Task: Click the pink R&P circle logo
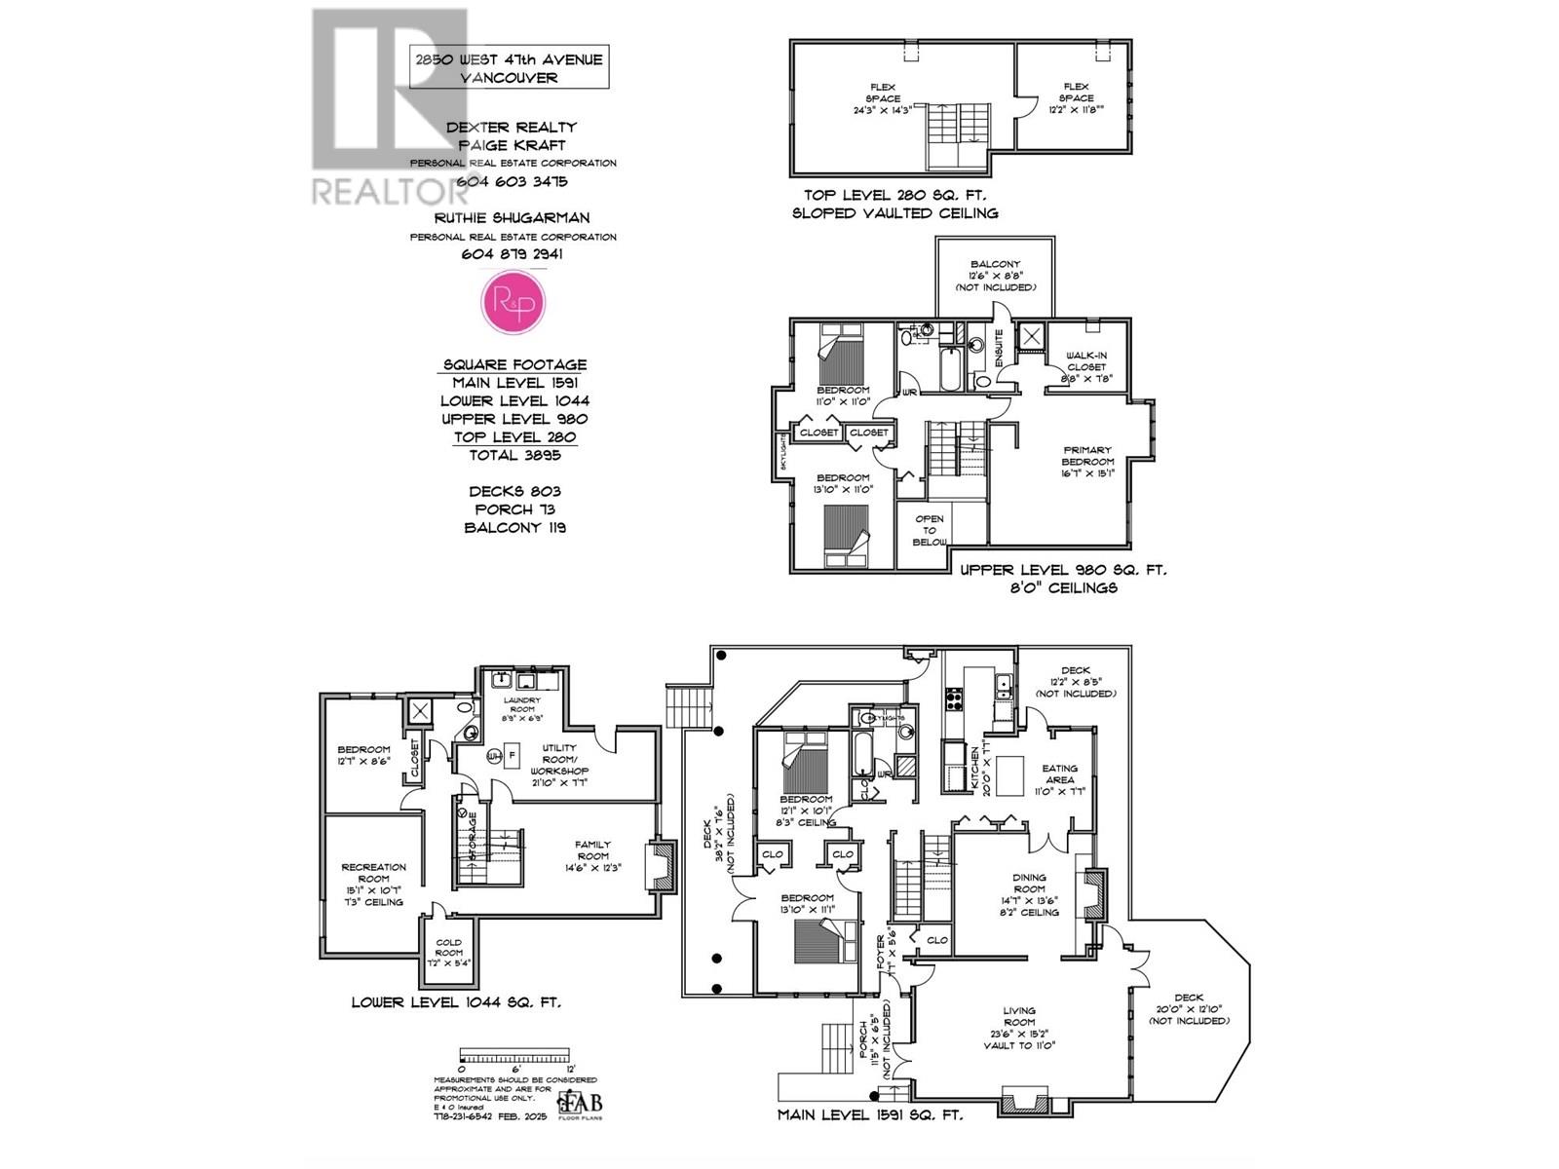click(513, 303)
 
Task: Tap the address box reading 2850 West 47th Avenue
click(509, 67)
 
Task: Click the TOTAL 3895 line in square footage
click(513, 455)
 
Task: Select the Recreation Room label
click(373, 884)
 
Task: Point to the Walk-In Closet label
click(1085, 366)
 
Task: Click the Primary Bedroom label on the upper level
click(1087, 462)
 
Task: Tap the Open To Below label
click(930, 531)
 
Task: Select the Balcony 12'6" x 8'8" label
click(995, 276)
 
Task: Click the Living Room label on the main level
click(1019, 1027)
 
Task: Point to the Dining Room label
click(1029, 893)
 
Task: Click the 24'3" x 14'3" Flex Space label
click(883, 98)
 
